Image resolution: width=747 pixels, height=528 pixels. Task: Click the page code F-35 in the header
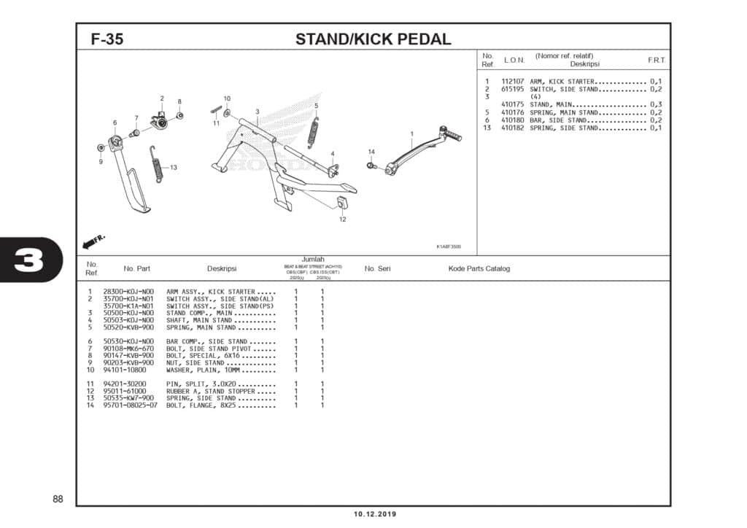tap(107, 39)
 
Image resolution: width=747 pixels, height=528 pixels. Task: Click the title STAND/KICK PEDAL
tap(373, 39)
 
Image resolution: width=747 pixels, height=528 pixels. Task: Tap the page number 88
tap(58, 499)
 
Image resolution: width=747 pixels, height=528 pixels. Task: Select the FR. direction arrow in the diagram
tap(94, 240)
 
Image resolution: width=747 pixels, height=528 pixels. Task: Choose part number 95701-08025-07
tap(131, 405)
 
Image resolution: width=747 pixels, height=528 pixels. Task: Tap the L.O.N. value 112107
tap(513, 81)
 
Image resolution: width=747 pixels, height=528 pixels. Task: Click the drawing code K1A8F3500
tap(449, 246)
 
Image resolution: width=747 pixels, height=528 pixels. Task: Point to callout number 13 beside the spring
tap(174, 168)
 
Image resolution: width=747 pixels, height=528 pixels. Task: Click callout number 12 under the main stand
tap(342, 220)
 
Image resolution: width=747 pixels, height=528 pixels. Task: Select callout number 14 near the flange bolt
tap(371, 152)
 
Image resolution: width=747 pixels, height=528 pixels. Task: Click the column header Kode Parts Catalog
tap(479, 268)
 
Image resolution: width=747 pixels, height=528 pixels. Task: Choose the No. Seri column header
tap(377, 268)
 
